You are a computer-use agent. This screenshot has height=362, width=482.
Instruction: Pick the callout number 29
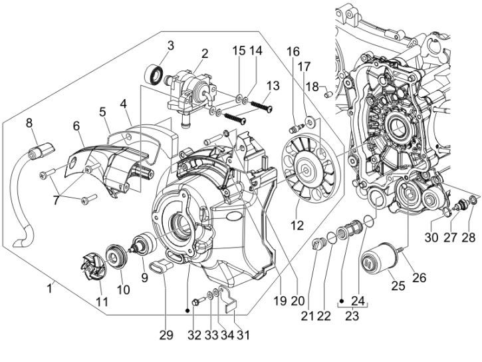tap(166, 335)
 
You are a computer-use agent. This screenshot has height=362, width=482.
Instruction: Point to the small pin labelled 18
tap(327, 94)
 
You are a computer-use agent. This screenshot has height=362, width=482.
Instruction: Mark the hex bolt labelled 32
tap(193, 303)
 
